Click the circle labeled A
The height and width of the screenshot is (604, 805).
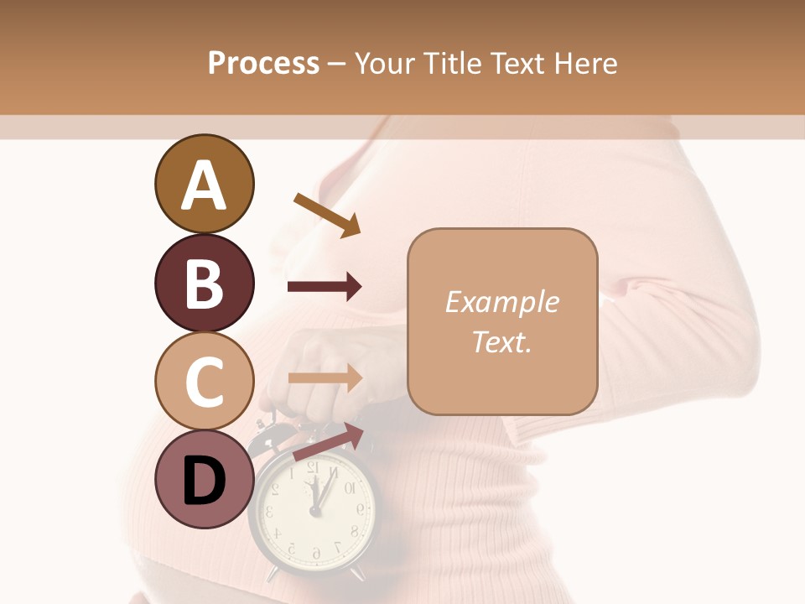point(204,184)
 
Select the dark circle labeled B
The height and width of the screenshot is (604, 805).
point(204,283)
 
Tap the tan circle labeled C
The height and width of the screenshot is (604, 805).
point(204,381)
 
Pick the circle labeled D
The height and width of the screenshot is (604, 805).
point(204,480)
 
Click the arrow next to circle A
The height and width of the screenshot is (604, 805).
point(327,214)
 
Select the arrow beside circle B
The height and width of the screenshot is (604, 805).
point(325,287)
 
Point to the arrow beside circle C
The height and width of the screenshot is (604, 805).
point(325,378)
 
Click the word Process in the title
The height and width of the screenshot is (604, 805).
point(263,63)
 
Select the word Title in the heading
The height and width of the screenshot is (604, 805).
point(453,63)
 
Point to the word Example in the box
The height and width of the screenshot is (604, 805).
point(501,302)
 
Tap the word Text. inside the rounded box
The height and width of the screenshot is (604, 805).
point(501,341)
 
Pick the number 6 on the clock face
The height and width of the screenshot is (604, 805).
point(316,554)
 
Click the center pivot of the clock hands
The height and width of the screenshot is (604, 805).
point(315,510)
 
